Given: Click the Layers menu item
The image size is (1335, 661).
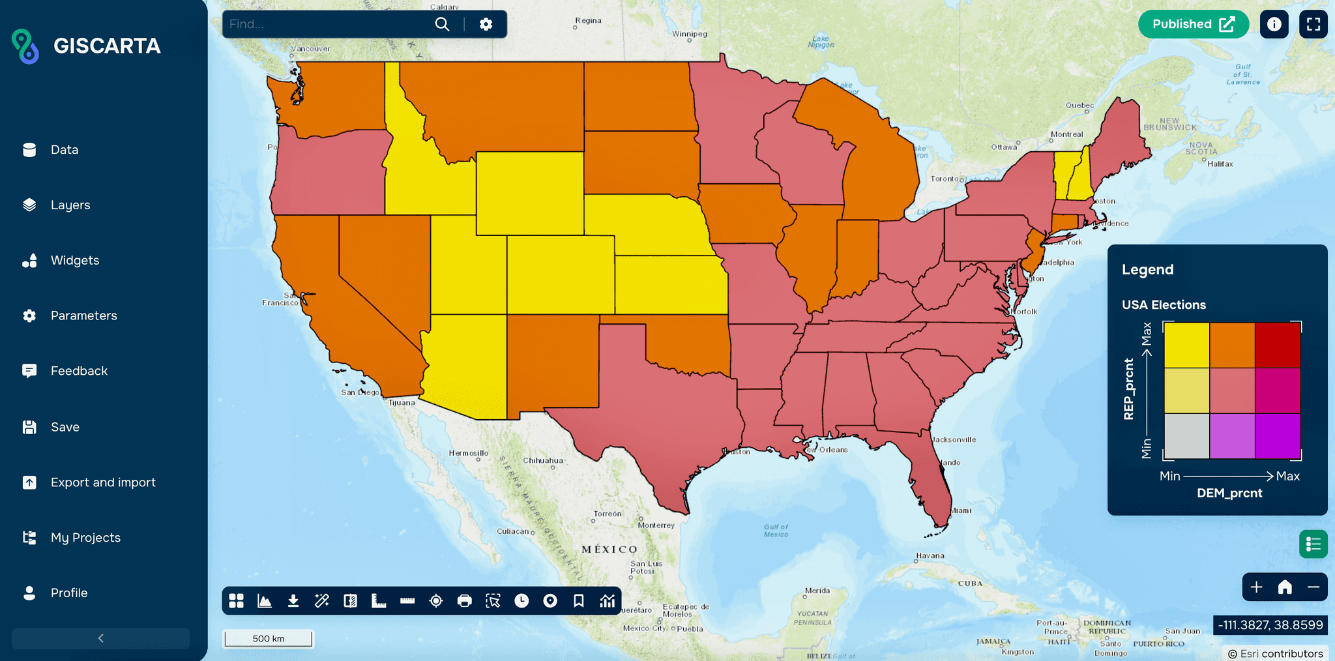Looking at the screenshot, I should [70, 205].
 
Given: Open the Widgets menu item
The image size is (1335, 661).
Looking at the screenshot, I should [74, 260].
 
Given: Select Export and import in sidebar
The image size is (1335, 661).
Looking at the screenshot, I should [102, 482].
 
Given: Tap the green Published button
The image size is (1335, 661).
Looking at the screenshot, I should [1192, 24].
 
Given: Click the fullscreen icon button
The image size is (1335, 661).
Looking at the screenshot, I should [1313, 24].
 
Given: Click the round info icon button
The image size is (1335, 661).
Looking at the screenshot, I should [1274, 24].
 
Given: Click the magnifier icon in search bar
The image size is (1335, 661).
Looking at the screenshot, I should [442, 24].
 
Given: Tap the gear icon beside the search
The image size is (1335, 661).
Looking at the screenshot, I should [486, 24].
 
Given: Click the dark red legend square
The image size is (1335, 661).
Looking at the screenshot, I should [1278, 345].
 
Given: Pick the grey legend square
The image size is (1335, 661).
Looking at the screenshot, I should [1186, 436].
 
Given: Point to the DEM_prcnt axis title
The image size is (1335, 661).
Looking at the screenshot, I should [1229, 493].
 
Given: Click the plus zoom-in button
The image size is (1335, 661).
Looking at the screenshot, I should [1256, 587].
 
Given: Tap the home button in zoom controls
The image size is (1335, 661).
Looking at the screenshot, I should [1285, 587].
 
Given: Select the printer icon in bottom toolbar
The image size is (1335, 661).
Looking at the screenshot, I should [465, 601].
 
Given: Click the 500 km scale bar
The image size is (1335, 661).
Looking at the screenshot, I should [268, 639].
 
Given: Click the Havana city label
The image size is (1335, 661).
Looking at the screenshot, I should [930, 556].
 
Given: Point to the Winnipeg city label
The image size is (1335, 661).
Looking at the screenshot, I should [690, 34].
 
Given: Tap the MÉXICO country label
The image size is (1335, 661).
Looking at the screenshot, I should [609, 550].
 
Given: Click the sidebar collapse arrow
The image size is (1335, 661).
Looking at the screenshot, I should [100, 638].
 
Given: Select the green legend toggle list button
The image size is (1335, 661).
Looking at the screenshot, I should [1313, 544].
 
